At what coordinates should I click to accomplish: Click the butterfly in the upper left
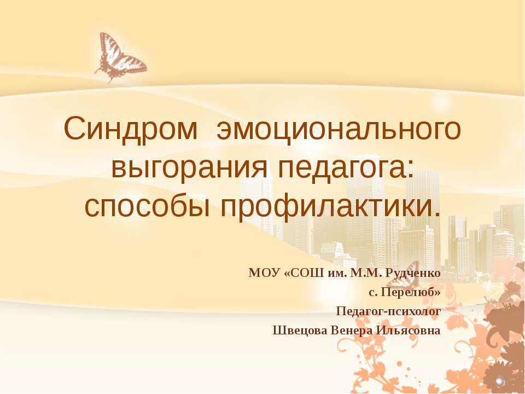(x=120, y=57)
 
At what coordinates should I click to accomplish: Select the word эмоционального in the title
(x=339, y=130)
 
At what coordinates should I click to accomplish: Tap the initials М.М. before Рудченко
(x=365, y=273)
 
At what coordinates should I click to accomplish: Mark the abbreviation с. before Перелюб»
(x=373, y=292)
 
